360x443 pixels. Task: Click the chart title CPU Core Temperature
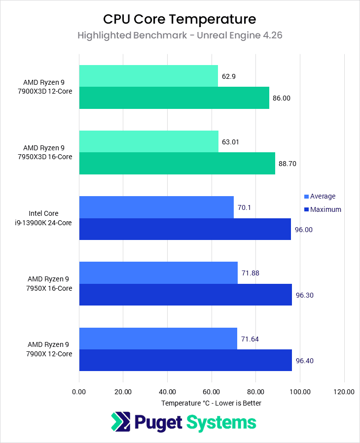coord(180,19)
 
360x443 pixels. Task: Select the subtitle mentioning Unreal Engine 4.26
coord(180,35)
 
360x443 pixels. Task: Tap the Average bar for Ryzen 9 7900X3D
coord(148,76)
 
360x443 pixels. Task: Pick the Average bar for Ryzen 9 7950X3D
coord(148,141)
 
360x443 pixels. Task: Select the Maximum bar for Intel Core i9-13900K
coord(185,229)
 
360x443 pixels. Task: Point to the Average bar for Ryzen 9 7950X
coord(158,273)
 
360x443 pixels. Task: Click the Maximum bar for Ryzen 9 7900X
coord(185,360)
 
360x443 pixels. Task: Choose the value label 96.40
coord(304,361)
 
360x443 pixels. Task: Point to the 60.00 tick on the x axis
coord(212,392)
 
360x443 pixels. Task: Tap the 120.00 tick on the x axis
coord(344,392)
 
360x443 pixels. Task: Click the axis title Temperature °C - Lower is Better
coord(211,403)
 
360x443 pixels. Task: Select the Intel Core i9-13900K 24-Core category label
coord(50,218)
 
